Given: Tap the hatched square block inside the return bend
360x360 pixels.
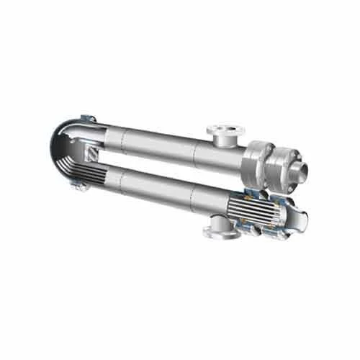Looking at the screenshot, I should [x=91, y=153].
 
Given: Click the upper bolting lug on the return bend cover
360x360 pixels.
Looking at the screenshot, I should [x=88, y=117].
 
